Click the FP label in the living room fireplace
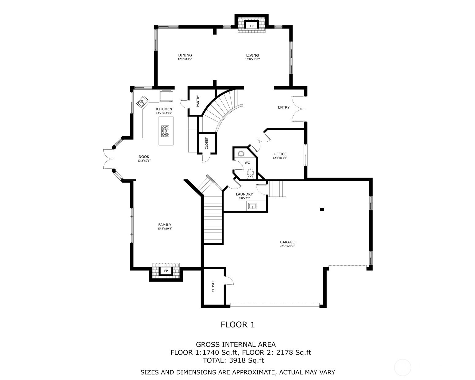(x=251, y=26)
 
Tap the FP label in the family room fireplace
(x=166, y=271)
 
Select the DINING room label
(x=185, y=55)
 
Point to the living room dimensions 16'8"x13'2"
(x=252, y=59)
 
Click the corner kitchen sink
(x=142, y=102)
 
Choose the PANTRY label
(x=197, y=101)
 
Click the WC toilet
(x=250, y=174)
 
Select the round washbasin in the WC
(x=241, y=153)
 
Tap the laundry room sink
(x=252, y=206)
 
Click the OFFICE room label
(x=280, y=154)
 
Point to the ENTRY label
(x=284, y=107)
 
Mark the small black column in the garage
(x=322, y=209)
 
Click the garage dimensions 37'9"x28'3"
(x=287, y=246)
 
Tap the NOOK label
(x=144, y=157)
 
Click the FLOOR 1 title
(x=238, y=324)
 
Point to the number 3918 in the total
(x=237, y=360)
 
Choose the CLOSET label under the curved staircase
(x=207, y=143)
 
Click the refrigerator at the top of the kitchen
(x=167, y=96)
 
